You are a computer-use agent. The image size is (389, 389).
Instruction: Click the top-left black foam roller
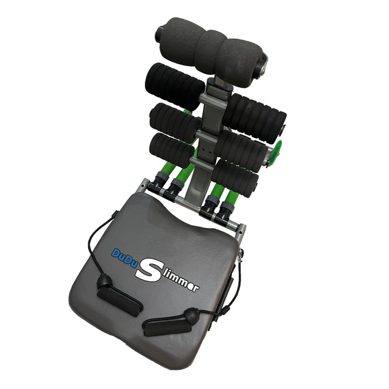[175, 87]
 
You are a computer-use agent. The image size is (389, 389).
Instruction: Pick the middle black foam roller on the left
[175, 123]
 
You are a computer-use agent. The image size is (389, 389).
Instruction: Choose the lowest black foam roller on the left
[172, 150]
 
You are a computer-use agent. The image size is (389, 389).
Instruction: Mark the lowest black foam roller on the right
[235, 178]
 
